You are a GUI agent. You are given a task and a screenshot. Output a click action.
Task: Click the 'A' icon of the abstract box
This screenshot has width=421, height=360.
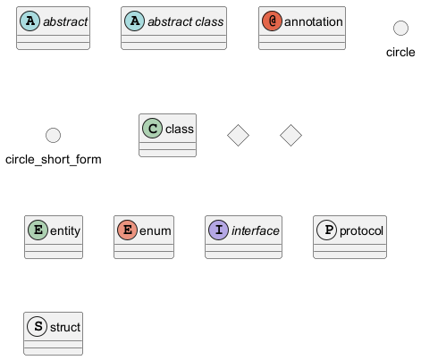coord(29,21)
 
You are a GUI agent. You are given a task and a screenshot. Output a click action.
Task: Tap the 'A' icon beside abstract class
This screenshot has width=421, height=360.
coord(134,21)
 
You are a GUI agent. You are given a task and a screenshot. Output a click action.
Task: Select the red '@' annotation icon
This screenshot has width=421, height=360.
coord(272,21)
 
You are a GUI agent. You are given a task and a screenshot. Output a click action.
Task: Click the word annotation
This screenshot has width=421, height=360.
coord(314,21)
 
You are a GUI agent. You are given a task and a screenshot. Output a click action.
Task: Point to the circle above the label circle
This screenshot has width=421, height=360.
coord(400,28)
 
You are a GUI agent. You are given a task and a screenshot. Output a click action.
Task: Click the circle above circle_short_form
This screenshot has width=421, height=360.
coord(53,135)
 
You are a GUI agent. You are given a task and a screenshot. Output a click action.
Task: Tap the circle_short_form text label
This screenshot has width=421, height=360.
coord(54,160)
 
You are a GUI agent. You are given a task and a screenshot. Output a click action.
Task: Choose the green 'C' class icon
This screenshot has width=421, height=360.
coord(152,129)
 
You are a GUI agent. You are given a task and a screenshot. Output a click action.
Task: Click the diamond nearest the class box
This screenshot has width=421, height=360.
coord(238,135)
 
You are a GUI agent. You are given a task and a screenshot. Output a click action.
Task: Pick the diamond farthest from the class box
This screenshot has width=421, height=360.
coord(290,135)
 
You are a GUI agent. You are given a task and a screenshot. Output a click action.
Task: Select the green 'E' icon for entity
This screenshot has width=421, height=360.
coord(38,230)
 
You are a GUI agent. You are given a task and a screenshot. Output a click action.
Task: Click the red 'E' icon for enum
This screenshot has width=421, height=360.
coord(127,230)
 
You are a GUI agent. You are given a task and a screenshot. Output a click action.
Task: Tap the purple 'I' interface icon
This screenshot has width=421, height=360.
coord(218,230)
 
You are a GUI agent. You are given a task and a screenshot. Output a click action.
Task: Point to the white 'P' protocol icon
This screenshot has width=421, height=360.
coord(326,230)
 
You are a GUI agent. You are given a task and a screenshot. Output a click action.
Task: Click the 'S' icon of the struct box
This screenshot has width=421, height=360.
coord(37,327)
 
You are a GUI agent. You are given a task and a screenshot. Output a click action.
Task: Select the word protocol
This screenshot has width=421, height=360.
coord(361,231)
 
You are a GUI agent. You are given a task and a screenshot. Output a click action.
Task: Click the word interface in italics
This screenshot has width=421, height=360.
coord(256,230)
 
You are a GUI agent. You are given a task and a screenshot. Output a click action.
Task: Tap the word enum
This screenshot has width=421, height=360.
coord(156,231)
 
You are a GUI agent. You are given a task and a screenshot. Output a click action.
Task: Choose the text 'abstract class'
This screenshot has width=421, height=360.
coord(186,21)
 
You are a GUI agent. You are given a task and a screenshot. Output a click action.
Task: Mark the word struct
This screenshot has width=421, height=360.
coord(65,327)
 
